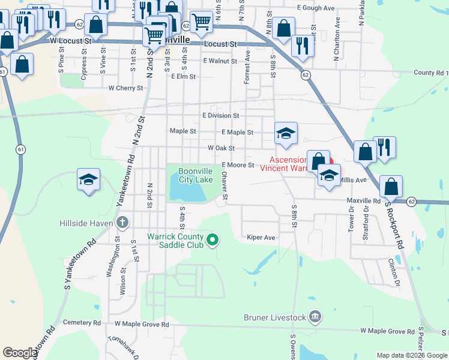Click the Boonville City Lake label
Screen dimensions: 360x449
click(x=196, y=175)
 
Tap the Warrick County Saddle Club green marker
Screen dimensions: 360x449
click(x=212, y=241)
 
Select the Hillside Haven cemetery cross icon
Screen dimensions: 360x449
click(x=122, y=223)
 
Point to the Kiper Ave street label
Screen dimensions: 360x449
click(x=261, y=238)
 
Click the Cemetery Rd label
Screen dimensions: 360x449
click(x=80, y=323)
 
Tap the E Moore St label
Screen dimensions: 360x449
click(x=238, y=165)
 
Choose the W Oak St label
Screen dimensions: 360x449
click(x=220, y=148)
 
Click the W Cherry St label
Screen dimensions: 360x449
click(x=125, y=88)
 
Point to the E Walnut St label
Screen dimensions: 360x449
click(x=220, y=61)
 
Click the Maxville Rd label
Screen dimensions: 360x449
click(x=364, y=201)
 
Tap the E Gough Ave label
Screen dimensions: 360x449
click(x=315, y=8)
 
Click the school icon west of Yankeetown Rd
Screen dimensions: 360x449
click(x=88, y=179)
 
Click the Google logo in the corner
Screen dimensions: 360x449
click(x=19, y=353)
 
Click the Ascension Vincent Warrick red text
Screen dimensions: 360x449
click(x=291, y=164)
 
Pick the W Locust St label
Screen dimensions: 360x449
click(x=70, y=41)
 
